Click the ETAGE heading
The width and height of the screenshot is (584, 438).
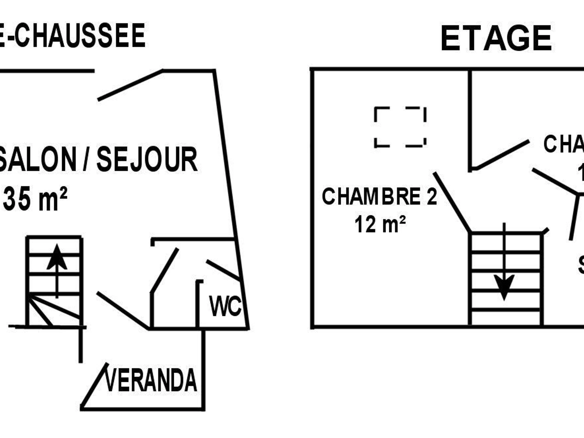click(x=496, y=38)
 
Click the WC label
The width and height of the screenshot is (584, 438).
click(x=225, y=306)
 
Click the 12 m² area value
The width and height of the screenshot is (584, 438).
click(x=380, y=224)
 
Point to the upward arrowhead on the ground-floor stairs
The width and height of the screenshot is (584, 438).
click(x=57, y=257)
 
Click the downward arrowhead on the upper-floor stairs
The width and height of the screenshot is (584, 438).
click(x=504, y=286)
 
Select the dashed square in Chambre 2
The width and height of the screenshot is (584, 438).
click(x=400, y=127)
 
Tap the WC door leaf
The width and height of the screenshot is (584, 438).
click(x=223, y=270)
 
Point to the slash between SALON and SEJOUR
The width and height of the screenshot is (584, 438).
click(x=86, y=159)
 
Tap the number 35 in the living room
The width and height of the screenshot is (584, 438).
click(x=16, y=199)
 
